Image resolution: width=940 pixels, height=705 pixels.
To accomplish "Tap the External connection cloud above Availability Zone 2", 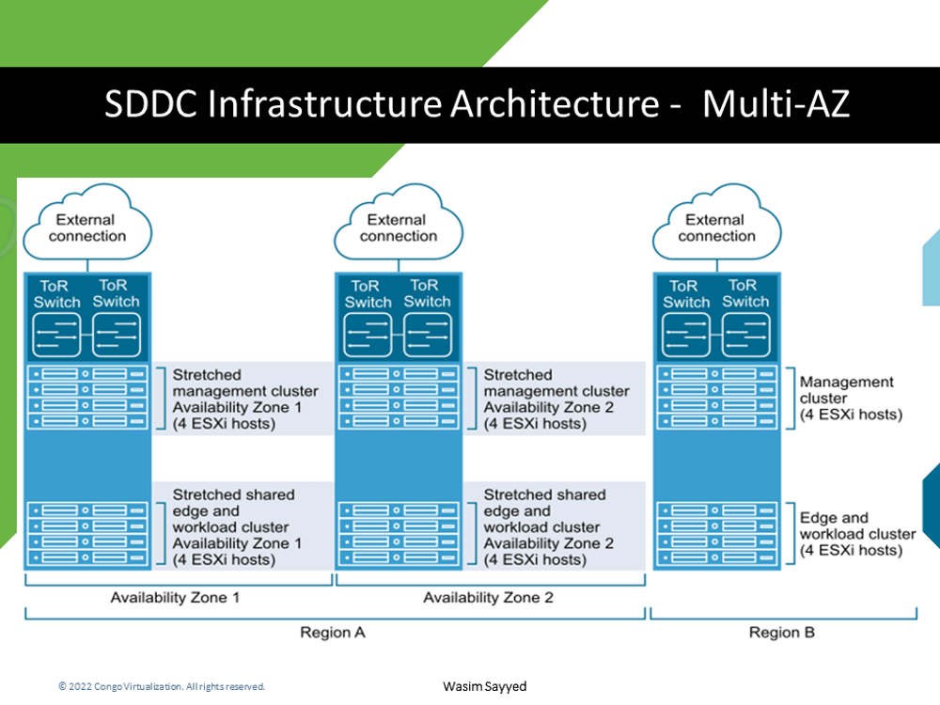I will point(399,227).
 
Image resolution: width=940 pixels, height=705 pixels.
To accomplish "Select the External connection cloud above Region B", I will point(716,227).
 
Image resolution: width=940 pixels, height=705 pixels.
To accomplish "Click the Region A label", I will point(332,633).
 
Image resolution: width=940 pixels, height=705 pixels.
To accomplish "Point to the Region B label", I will point(781,633).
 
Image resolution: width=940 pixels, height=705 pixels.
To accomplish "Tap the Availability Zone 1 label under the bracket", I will point(175,598).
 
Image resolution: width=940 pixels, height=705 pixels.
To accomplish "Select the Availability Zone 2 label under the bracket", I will point(488,598).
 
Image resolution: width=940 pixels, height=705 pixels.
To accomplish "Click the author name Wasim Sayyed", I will point(485,686).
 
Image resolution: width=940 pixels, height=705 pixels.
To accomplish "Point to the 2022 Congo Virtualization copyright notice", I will point(162,686).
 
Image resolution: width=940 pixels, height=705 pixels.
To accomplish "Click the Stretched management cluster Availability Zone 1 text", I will point(244,399).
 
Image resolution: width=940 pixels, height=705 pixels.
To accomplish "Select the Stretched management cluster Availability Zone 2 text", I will point(556,399).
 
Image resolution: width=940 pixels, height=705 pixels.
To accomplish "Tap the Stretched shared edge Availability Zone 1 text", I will point(237,526).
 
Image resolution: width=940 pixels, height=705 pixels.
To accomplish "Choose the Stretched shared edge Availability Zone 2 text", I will point(548,526).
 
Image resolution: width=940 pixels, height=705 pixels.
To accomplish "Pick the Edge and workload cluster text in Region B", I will point(856,534).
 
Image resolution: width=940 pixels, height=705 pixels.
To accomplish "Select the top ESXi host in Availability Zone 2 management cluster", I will point(399,374).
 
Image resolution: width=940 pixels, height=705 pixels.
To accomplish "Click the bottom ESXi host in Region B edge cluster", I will point(716,557).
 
